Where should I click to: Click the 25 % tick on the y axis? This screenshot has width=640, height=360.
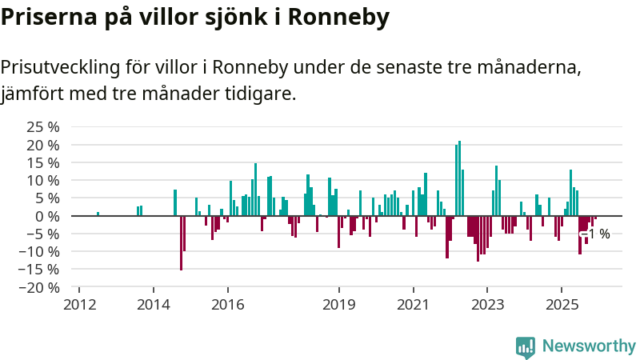[x=43, y=127]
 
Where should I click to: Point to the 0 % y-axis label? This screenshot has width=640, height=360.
[x=48, y=216]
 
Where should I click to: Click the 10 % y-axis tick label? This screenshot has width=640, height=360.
[x=43, y=180]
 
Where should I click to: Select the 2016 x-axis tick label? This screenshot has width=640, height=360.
[x=227, y=304]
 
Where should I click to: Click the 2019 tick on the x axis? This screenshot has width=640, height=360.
[x=339, y=304]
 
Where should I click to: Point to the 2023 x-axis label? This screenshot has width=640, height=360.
[x=488, y=304]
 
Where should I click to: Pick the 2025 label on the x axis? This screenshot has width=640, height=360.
[x=562, y=304]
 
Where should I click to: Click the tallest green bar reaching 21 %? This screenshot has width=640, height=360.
[x=459, y=178]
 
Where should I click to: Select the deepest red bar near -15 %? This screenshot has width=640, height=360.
[x=181, y=242]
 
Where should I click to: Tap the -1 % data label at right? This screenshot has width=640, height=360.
[x=597, y=234]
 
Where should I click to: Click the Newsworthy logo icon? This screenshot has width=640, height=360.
[x=526, y=346]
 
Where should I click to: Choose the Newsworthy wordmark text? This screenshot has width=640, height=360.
[x=589, y=346]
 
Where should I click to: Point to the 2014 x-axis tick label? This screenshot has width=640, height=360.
[x=153, y=304]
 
